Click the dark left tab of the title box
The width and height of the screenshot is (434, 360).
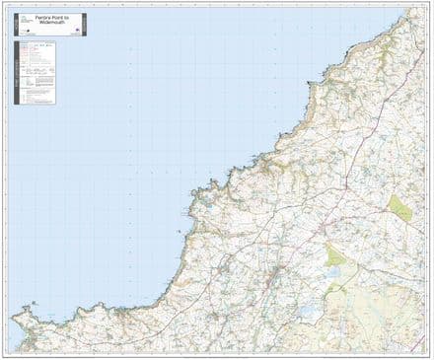point(17,24)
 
